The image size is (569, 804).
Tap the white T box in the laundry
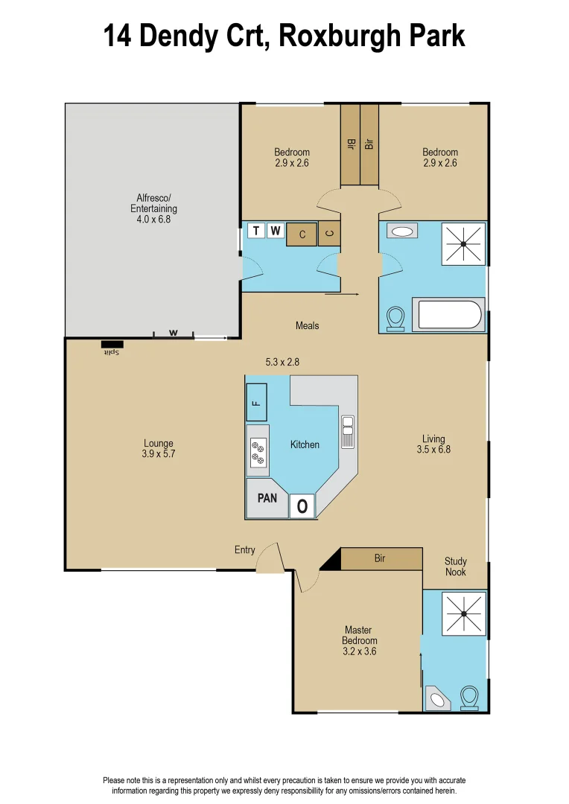point(256,231)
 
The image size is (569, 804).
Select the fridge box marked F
point(256,403)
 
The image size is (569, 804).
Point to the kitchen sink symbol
point(347,432)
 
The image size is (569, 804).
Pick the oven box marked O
point(302,506)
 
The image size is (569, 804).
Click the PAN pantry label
point(267,498)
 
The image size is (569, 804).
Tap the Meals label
point(307,325)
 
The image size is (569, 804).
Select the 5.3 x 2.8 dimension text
point(284,363)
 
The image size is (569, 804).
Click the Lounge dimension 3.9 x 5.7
point(159,453)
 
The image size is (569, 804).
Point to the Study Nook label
point(456,567)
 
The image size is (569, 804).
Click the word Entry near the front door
point(244,550)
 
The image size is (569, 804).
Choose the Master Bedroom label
point(359,635)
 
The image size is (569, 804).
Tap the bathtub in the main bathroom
point(450,314)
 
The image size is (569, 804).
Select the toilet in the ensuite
point(469,698)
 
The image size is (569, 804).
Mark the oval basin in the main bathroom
point(402,232)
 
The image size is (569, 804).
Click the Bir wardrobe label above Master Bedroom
point(380,558)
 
